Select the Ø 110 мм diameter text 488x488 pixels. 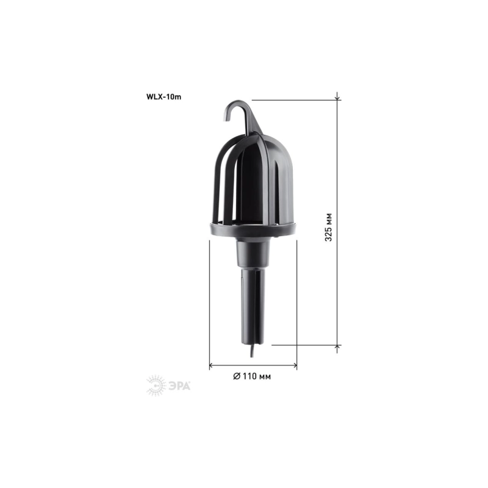[x=252, y=376]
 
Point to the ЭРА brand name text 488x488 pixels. [x=179, y=384]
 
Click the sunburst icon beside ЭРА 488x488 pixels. [x=156, y=384]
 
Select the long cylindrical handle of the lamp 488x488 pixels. [x=253, y=305]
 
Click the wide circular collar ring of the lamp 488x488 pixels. [x=253, y=230]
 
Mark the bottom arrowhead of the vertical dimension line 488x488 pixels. [x=339, y=347]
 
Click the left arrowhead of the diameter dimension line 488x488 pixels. [x=212, y=366]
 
